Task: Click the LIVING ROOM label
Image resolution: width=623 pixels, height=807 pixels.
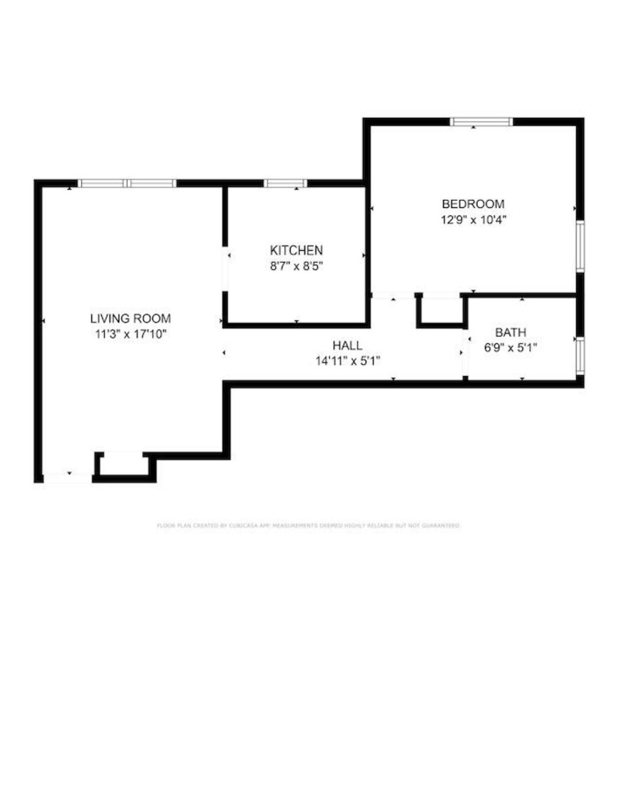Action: [x=130, y=318]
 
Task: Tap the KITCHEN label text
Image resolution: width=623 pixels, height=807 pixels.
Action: [x=296, y=250]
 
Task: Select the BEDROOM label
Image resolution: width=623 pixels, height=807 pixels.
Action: [x=473, y=204]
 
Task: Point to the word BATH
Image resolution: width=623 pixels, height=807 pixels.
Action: [x=511, y=332]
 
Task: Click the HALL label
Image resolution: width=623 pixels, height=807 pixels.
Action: [x=347, y=345]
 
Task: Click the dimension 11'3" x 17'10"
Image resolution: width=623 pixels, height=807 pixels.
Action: [x=130, y=334]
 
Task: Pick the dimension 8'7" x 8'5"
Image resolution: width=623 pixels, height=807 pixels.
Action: [x=296, y=266]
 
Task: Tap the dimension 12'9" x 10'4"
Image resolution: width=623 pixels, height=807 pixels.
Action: [x=473, y=220]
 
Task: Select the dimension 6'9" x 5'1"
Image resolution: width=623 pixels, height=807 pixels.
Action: [x=511, y=347]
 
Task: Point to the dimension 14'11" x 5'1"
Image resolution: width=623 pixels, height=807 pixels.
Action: [x=347, y=361]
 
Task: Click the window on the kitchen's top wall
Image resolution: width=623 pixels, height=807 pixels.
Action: [x=285, y=183]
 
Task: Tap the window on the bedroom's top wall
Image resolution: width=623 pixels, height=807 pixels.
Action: [x=481, y=122]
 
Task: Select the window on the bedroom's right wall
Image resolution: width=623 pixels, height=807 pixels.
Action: [x=580, y=246]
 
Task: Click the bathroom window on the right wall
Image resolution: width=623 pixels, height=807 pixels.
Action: [x=580, y=356]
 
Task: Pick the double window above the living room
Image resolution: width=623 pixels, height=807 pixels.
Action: [x=127, y=183]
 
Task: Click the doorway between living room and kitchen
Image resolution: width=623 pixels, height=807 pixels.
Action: [x=225, y=269]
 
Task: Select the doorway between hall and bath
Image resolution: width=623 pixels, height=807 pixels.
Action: [x=465, y=353]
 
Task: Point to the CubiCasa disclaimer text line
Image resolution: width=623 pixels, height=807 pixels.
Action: [x=308, y=525]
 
